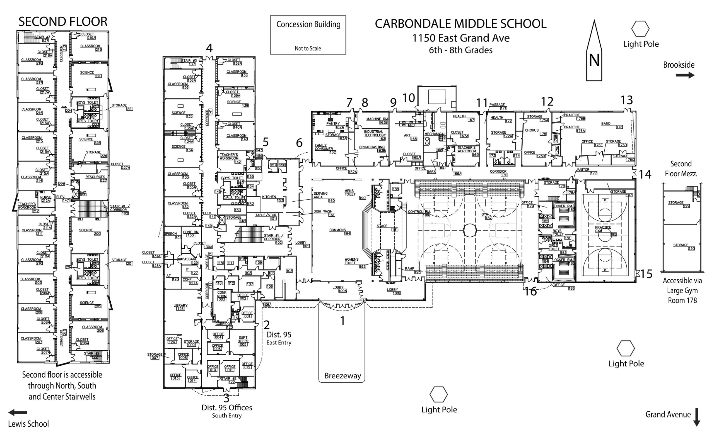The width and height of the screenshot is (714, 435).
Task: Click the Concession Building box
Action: coord(308,35)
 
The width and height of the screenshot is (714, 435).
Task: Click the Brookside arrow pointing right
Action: coord(685,75)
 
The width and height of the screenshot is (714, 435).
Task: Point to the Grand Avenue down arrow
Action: coord(697,417)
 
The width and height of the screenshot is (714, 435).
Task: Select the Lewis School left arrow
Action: coord(17,412)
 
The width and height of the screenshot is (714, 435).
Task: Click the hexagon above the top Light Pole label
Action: coord(640,29)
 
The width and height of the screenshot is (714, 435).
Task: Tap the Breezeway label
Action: coord(342,376)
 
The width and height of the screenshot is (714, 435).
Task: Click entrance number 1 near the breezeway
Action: coord(342,321)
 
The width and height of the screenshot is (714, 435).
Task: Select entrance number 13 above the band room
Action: coord(626,100)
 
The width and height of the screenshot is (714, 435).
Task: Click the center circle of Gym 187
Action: coord(470,230)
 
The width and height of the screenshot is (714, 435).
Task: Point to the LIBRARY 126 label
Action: coord(181,307)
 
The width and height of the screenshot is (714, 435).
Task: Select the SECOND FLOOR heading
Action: coord(63,22)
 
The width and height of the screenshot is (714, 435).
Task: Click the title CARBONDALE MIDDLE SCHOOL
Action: coord(460,24)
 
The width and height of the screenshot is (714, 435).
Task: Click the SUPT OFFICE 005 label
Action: coord(243,341)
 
